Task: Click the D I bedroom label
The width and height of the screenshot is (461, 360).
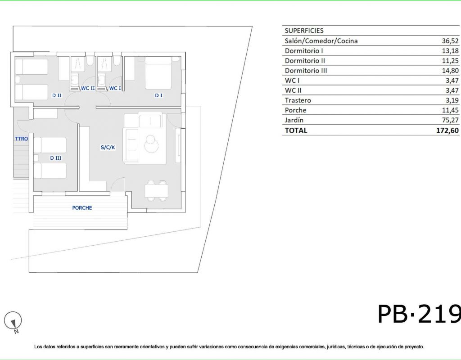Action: [x=158, y=95]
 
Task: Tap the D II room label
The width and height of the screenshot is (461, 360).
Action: [x=57, y=95]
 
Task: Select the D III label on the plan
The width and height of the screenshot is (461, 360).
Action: [x=55, y=158]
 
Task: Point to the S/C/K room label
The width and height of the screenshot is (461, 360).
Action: [x=108, y=147]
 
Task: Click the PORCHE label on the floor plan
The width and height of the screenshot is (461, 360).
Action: [x=82, y=208]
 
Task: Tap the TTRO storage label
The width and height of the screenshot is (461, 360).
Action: [x=22, y=139]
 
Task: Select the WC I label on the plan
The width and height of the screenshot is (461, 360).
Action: [x=115, y=88]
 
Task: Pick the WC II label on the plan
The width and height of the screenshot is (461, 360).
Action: [x=88, y=88]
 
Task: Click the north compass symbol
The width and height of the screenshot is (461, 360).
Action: [x=13, y=321]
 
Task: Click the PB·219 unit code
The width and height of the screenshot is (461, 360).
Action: [x=419, y=314]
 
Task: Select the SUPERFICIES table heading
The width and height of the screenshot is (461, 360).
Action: [x=304, y=31]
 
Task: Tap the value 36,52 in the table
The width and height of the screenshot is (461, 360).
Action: [x=450, y=41]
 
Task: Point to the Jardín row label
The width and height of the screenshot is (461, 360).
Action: [x=294, y=120]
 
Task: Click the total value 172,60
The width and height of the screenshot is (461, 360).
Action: [x=447, y=130]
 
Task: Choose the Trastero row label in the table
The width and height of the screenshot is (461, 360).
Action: [x=298, y=100]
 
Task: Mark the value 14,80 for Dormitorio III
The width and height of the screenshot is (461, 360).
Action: [x=450, y=71]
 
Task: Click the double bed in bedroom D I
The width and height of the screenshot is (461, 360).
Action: [x=158, y=73]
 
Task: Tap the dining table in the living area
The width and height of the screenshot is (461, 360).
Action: [x=156, y=191]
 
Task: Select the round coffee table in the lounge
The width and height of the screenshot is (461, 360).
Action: [x=151, y=144]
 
